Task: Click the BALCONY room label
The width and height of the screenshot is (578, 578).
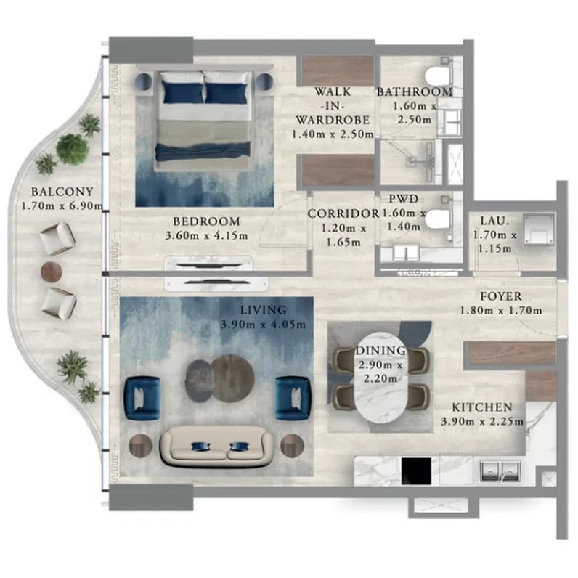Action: pos(62,192)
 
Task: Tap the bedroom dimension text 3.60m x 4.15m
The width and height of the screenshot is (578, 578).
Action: pos(206,235)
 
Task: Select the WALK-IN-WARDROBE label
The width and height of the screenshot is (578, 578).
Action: pos(333,106)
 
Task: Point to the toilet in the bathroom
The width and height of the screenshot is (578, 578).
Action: pos(439,76)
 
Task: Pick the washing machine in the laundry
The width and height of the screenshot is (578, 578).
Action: pos(539,229)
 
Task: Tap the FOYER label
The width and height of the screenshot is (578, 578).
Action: pos(500,296)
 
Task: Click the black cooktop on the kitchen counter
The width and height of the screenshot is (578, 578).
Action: pos(416,471)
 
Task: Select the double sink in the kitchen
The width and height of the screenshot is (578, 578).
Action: pos(500,471)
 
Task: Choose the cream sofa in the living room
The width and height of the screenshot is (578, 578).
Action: pos(216,446)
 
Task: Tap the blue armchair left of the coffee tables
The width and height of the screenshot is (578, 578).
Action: pos(142,398)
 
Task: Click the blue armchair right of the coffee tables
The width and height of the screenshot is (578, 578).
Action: pos(293,398)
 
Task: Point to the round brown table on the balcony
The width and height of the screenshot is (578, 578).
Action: pos(52,272)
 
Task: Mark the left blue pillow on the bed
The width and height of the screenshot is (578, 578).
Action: pos(183,92)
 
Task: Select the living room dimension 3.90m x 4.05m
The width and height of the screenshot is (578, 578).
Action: pos(263,325)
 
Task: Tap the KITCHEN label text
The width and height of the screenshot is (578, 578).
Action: pos(482,407)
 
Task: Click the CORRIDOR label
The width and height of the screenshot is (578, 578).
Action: pos(343,213)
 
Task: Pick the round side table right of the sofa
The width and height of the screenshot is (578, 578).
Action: pos(292,446)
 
